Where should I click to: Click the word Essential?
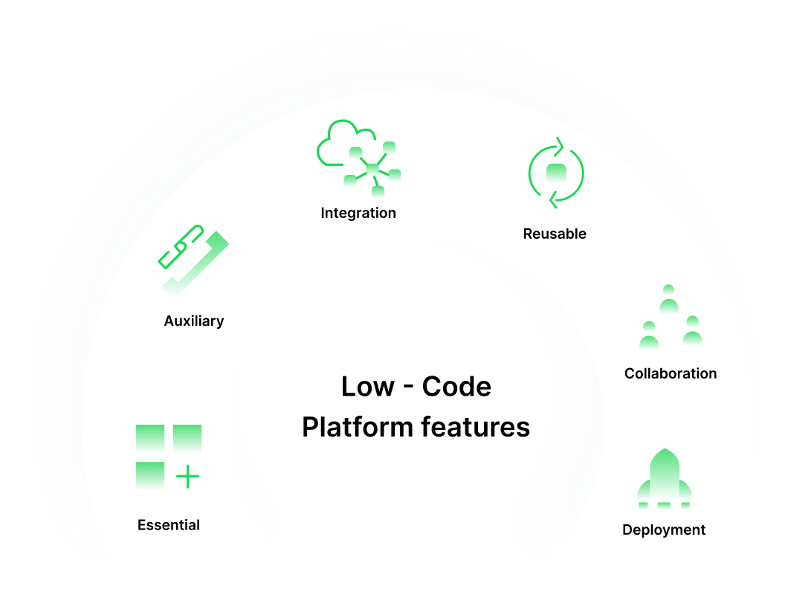(169, 525)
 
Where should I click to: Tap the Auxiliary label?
(194, 321)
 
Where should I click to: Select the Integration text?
(358, 213)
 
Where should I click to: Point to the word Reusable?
(555, 234)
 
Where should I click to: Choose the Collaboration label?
(671, 373)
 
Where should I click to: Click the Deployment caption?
(664, 530)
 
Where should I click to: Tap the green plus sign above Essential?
(188, 476)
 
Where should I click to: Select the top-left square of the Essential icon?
(150, 438)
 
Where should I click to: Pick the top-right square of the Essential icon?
(187, 438)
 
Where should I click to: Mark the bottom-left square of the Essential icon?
(150, 475)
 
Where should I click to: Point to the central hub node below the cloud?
(372, 170)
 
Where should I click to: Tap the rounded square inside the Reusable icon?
(556, 173)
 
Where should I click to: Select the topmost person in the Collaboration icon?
(669, 300)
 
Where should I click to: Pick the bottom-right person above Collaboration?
(692, 332)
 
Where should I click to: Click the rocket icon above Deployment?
(665, 477)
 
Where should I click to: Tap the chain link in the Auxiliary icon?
(181, 246)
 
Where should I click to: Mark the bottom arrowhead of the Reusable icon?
(551, 200)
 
